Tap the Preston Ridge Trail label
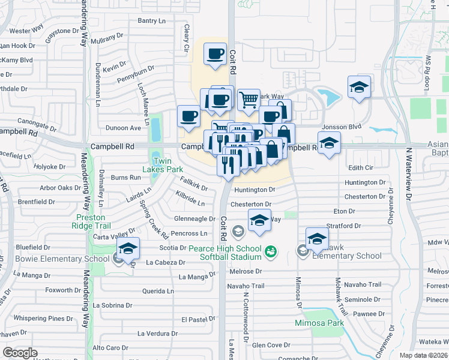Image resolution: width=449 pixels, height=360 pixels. [94, 221]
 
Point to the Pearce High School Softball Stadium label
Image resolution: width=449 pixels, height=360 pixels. [226, 253]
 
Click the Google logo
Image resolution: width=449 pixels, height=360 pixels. [20, 353]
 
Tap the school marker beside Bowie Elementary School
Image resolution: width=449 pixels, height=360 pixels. [128, 248]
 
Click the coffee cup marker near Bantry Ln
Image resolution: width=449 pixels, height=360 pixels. [215, 55]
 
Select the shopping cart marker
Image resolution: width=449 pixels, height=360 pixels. [249, 100]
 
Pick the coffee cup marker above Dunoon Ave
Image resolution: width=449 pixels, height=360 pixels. [189, 116]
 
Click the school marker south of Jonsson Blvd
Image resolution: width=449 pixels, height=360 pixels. [329, 143]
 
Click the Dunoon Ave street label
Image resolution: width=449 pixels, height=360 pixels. [123, 128]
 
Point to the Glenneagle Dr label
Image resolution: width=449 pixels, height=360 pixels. [194, 219]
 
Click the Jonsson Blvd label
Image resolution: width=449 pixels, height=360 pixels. [342, 127]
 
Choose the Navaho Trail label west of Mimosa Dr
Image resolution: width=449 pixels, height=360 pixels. [246, 286]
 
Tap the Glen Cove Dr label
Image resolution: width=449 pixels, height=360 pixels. [271, 345]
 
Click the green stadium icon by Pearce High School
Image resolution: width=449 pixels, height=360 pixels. [271, 251]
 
